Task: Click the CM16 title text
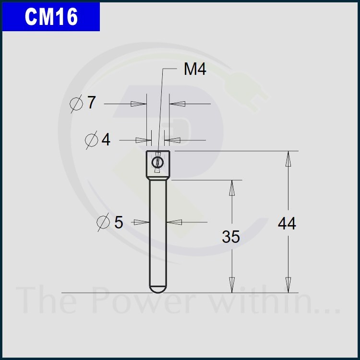click(x=51, y=16)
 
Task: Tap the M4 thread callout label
click(x=195, y=69)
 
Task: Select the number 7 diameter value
click(x=91, y=102)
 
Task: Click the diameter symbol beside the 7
click(x=76, y=104)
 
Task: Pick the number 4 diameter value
click(x=106, y=139)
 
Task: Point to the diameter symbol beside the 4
click(x=91, y=140)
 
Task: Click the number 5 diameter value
click(x=119, y=222)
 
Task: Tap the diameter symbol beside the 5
click(x=103, y=222)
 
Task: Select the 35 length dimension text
click(x=231, y=237)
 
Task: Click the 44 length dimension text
click(x=287, y=224)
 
